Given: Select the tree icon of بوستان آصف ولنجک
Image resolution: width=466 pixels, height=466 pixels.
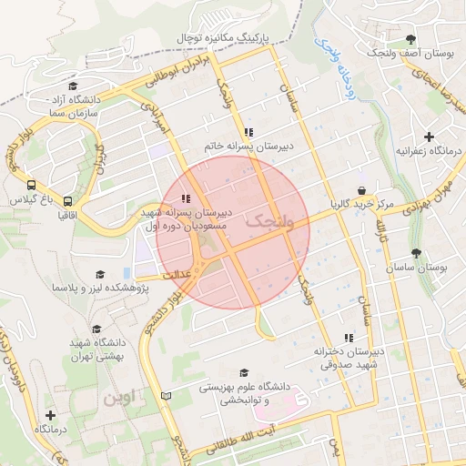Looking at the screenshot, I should [x=411, y=40].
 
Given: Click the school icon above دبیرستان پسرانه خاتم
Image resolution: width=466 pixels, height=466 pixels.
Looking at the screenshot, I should [x=248, y=132].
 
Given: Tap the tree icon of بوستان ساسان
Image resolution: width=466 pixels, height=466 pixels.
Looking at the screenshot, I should [x=417, y=253].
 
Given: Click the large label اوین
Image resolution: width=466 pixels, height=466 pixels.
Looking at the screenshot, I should [x=118, y=398].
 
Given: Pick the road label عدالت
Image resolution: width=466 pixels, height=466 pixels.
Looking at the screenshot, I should [x=175, y=274].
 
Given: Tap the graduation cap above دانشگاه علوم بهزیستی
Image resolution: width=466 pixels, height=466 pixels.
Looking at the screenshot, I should [x=242, y=372].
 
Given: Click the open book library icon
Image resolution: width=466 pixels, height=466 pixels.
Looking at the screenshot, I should [x=165, y=396].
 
